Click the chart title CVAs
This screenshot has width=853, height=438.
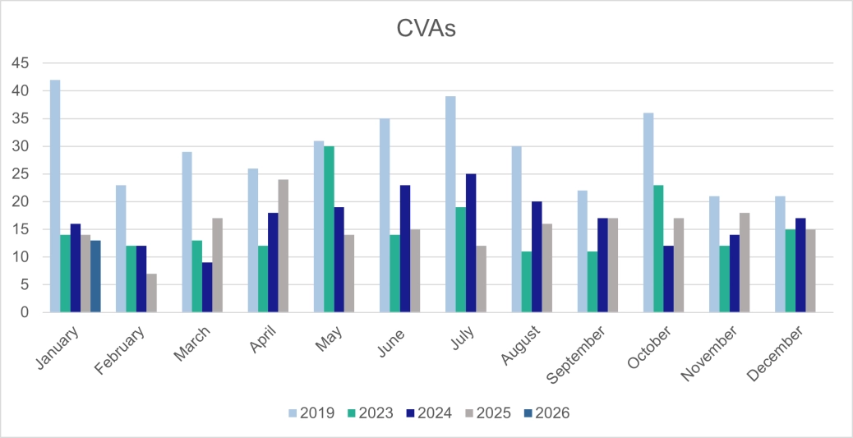[x=426, y=30]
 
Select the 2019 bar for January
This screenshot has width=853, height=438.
[x=55, y=196]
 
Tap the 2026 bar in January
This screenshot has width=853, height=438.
[x=95, y=277]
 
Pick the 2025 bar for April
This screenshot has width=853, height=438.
[x=283, y=246]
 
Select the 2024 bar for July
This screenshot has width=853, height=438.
[x=470, y=243]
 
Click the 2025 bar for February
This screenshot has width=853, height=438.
[x=151, y=293]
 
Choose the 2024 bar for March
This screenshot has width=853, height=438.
[x=207, y=288]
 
